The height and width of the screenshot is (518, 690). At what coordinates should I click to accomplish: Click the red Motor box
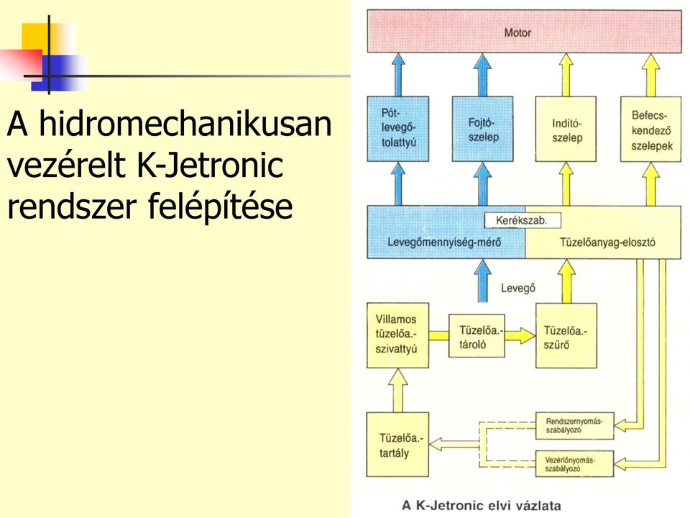pyautogui.click(x=524, y=32)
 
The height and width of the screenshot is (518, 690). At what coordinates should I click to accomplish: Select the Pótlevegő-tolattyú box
pyautogui.click(x=397, y=129)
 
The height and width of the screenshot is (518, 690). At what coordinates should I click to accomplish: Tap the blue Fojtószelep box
pyautogui.click(x=483, y=129)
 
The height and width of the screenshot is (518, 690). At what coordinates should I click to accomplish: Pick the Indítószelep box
pyautogui.click(x=566, y=129)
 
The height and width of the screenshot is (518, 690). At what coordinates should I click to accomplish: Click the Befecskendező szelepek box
pyautogui.click(x=651, y=129)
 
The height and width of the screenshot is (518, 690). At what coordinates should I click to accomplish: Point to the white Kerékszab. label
pyautogui.click(x=523, y=220)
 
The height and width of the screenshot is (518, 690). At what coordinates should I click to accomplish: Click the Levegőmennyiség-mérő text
pyautogui.click(x=444, y=242)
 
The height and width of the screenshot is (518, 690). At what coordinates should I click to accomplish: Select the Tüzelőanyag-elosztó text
pyautogui.click(x=607, y=242)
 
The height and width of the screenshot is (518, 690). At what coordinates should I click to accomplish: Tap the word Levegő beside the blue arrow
pyautogui.click(x=518, y=288)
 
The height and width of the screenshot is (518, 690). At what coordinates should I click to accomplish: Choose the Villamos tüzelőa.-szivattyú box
pyautogui.click(x=397, y=335)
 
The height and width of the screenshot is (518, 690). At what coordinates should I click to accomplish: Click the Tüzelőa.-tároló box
pyautogui.click(x=477, y=336)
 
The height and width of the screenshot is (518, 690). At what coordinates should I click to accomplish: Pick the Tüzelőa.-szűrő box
pyautogui.click(x=566, y=335)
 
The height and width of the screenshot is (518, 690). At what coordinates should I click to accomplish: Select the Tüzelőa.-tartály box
pyautogui.click(x=397, y=445)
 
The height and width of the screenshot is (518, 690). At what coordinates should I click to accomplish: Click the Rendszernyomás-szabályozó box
pyautogui.click(x=574, y=425)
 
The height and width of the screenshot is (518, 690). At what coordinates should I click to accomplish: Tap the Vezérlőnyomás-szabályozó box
pyautogui.click(x=574, y=463)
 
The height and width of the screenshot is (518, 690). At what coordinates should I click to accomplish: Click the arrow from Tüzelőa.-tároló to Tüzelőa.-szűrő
pyautogui.click(x=520, y=336)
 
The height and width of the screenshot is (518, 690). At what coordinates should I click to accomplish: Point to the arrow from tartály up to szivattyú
pyautogui.click(x=397, y=390)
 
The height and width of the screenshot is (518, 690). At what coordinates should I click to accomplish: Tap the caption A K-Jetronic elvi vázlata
pyautogui.click(x=482, y=505)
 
